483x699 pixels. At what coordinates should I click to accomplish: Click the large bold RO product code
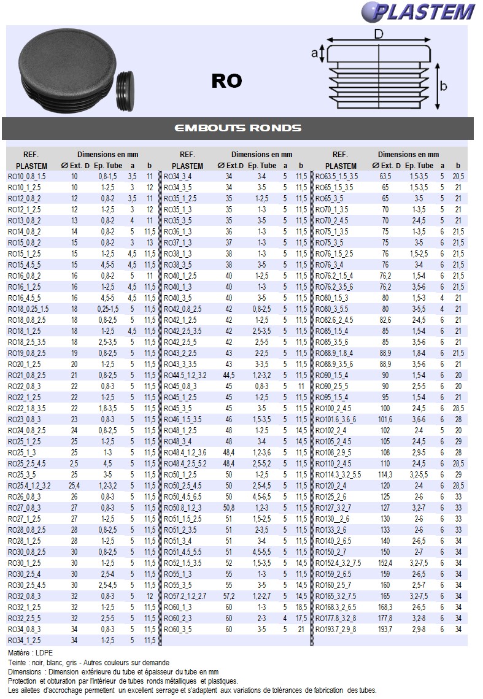click(226, 81)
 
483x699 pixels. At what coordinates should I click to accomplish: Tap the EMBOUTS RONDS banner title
click(238, 128)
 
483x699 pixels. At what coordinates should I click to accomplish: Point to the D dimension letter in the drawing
click(379, 34)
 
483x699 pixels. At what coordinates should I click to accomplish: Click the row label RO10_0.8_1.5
click(26, 176)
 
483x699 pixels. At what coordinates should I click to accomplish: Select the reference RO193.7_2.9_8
click(335, 629)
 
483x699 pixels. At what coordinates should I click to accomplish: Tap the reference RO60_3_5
click(177, 629)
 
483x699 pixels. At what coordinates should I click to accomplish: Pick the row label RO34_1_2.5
click(25, 640)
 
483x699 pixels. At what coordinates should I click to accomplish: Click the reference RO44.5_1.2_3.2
click(185, 375)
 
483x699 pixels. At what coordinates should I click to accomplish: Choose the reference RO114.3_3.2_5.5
click(338, 474)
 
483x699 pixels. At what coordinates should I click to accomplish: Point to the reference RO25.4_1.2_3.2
click(29, 485)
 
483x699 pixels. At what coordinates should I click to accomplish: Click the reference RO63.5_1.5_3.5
click(336, 176)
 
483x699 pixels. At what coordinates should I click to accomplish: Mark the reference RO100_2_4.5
click(333, 408)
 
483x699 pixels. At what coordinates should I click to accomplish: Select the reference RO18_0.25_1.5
click(28, 309)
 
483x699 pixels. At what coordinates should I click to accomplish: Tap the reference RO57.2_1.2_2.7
click(184, 596)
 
